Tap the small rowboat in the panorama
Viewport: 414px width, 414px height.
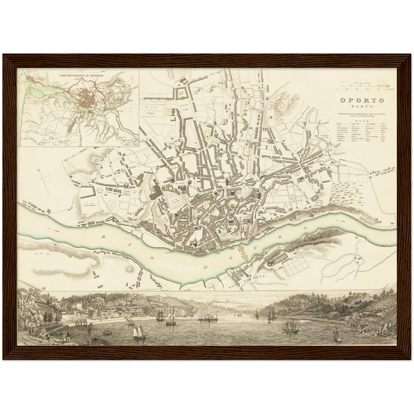pos(107,333)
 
